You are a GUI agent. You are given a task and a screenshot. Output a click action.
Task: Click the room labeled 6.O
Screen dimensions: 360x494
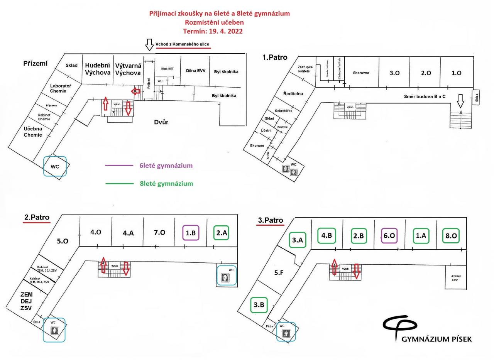click(389, 236)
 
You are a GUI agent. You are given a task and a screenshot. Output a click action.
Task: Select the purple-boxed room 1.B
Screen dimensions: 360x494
click(191, 233)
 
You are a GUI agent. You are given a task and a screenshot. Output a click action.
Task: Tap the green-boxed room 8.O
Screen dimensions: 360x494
click(451, 236)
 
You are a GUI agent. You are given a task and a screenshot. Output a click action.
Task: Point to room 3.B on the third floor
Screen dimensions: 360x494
click(259, 305)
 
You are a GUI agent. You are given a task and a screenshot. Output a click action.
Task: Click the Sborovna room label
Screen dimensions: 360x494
click(361, 73)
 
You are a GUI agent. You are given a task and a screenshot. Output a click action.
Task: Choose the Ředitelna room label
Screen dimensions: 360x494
click(293, 94)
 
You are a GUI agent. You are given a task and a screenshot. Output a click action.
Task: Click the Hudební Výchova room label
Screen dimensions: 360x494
click(98, 69)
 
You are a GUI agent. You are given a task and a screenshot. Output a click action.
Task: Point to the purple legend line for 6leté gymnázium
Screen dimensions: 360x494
click(119, 166)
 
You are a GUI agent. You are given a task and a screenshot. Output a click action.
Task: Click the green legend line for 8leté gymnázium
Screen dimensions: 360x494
click(119, 184)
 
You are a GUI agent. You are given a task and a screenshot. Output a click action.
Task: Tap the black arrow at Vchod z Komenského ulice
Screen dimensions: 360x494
click(149, 45)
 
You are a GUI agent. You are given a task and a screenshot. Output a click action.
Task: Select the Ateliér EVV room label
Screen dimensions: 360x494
click(456, 278)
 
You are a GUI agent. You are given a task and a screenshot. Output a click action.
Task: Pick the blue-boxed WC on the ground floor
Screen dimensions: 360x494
click(55, 166)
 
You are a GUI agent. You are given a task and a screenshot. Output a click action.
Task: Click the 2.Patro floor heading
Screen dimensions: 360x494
click(37, 217)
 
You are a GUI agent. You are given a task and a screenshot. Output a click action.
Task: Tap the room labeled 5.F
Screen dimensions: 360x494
click(279, 273)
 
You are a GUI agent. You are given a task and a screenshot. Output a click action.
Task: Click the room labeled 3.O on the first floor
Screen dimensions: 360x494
click(394, 73)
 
